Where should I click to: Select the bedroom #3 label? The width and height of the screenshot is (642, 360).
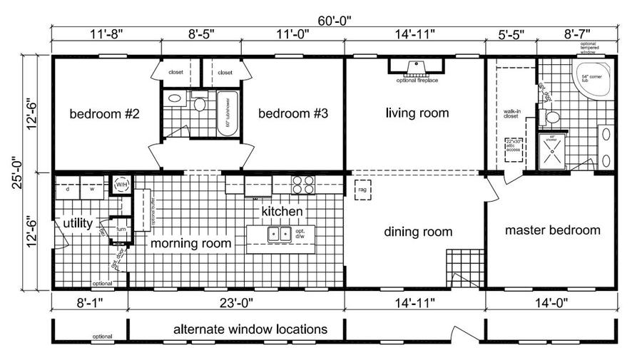coord(292,114)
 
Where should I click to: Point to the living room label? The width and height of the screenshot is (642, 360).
coord(417,113)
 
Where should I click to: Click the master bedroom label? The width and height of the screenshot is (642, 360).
coord(552,230)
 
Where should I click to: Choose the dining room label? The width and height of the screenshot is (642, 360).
coord(418,232)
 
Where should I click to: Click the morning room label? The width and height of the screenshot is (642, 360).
coord(190,243)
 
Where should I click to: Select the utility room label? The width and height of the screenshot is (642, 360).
coord(77,224)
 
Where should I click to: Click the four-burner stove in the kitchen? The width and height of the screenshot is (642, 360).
coord(303,185)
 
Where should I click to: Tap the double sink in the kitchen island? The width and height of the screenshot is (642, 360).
coord(276,234)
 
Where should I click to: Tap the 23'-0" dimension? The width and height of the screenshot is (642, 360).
coord(235,302)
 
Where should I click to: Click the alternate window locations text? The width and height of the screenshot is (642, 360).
coord(250,329)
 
